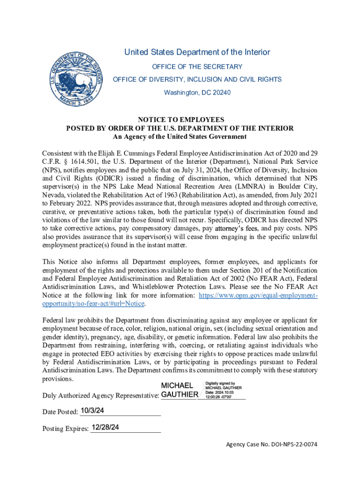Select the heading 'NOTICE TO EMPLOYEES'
coord(180,120)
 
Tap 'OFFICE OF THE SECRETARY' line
coord(197,67)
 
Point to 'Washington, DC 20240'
coord(197,93)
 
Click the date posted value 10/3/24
coord(92,411)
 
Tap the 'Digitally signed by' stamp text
coord(223,383)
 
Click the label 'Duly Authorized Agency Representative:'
coord(101,396)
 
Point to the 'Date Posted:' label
coord(60,412)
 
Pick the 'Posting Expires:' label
coord(65,428)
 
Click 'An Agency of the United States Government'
coord(180,137)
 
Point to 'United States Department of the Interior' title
coord(197,52)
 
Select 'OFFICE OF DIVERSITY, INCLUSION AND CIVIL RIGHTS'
coord(197,80)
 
